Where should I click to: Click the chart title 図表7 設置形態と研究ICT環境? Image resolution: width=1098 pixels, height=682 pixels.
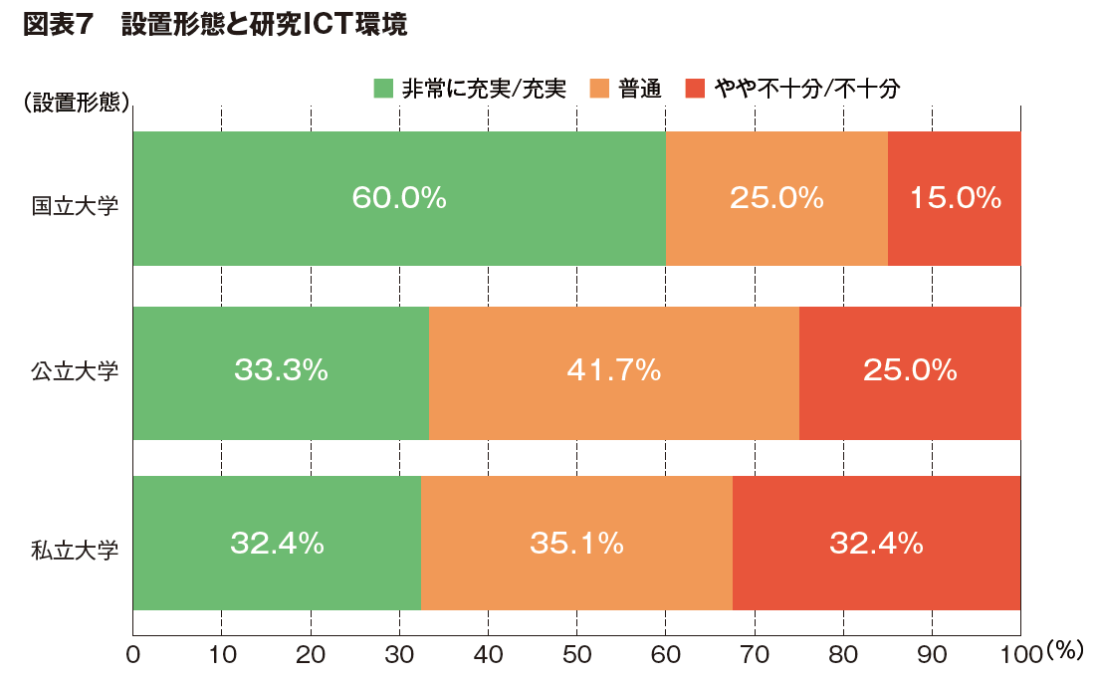pos(214,27)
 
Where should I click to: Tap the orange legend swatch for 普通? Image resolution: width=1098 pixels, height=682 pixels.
pos(599,89)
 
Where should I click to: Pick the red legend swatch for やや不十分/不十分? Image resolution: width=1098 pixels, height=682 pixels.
pos(696,89)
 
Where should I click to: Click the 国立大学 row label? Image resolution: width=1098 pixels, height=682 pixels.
pos(76,207)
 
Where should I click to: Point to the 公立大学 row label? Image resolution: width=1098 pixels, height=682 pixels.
pos(76,372)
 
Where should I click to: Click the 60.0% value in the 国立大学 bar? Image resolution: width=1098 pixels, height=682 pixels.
pos(398,198)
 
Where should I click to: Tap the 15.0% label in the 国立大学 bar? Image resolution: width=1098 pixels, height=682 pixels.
pos(955,198)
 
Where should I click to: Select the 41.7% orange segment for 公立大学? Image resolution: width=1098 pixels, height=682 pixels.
pos(614,371)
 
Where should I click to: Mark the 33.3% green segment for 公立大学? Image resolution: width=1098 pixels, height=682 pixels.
pos(281,371)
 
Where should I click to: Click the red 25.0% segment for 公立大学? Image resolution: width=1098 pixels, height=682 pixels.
pos(910,371)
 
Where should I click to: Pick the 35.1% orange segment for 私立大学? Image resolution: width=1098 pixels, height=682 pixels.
pos(576,544)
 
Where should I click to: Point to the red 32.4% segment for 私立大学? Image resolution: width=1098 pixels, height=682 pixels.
pos(876,544)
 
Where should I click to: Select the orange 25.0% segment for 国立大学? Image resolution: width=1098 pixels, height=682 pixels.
pos(776,198)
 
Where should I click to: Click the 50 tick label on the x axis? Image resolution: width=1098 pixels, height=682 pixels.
pos(577,655)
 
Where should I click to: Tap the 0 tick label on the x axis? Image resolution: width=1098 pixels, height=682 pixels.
pos(132,655)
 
